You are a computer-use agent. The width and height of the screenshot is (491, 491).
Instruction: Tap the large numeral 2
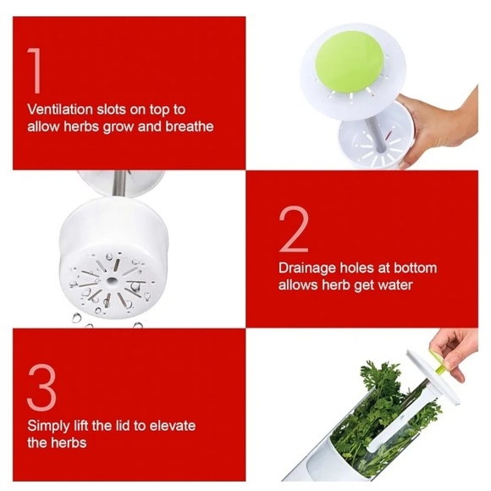coord(294,229)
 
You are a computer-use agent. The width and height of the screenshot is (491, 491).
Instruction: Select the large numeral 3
coord(42,388)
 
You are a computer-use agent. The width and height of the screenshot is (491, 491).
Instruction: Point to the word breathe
coord(190,126)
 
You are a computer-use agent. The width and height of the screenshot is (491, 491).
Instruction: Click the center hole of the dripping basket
coord(111,280)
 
